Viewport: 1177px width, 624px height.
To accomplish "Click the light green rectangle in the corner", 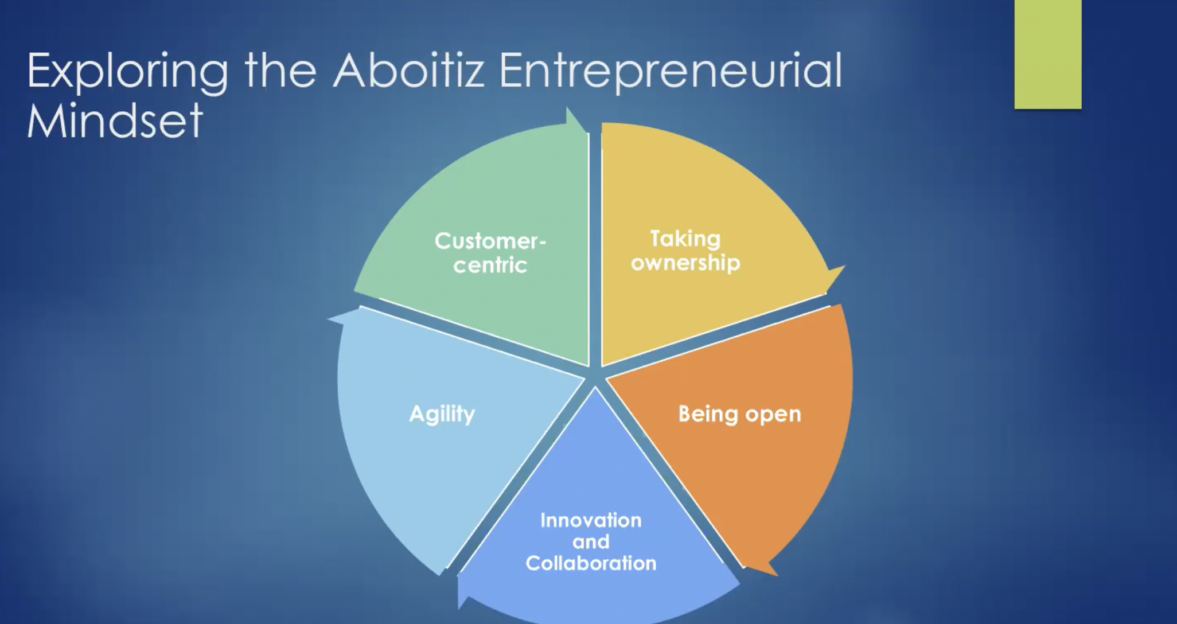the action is (x=1048, y=54).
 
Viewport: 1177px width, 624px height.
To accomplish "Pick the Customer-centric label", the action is (x=490, y=253).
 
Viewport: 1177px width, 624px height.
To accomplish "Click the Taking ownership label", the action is (x=685, y=251).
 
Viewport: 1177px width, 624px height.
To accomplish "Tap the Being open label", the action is (x=739, y=414).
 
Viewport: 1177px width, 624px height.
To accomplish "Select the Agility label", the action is (x=442, y=414).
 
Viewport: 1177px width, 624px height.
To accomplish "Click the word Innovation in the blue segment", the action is (x=591, y=520).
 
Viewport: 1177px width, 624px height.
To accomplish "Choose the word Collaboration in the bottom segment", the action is (x=591, y=563).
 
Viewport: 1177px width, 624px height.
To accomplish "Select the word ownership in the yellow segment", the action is (x=685, y=263).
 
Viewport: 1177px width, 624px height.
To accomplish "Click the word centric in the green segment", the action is (x=490, y=266).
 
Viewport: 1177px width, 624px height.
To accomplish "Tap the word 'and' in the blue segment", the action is (x=591, y=541).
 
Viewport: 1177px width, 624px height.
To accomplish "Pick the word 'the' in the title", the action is (x=280, y=71).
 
